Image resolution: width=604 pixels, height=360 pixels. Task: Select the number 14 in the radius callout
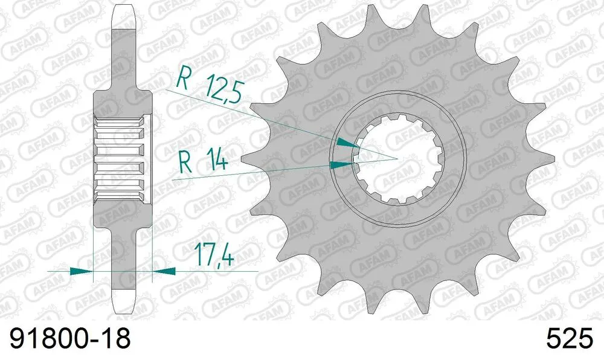click(x=216, y=162)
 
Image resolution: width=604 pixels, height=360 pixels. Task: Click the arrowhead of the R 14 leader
click(x=341, y=164)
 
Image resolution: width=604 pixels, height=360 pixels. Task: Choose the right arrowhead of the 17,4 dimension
click(x=163, y=271)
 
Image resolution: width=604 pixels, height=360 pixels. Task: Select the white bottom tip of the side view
click(x=123, y=300)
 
